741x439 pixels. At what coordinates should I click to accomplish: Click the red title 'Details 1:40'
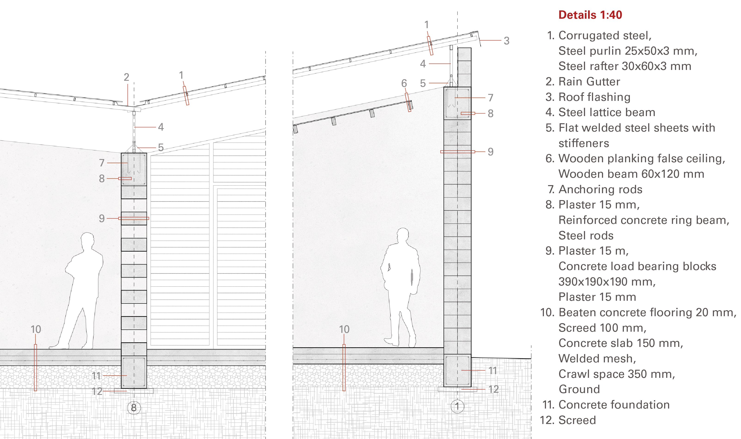[x=590, y=15]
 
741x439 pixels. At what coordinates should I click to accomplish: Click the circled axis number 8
[x=134, y=408]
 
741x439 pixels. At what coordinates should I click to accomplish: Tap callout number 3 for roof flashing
[x=506, y=41]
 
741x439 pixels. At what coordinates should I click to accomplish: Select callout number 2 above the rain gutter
[x=126, y=77]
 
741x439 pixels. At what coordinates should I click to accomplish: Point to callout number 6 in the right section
[x=404, y=83]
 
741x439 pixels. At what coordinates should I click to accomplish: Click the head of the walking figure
[x=403, y=235]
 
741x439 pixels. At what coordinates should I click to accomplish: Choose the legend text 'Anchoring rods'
[x=600, y=189]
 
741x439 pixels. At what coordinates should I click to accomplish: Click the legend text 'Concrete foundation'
[x=614, y=405]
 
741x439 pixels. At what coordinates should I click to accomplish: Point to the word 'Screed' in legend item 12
[x=577, y=420]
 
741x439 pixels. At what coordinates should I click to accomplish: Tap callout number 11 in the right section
[x=493, y=370]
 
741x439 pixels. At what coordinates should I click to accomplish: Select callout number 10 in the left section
[x=36, y=329]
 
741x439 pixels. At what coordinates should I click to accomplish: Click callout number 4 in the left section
[x=161, y=127]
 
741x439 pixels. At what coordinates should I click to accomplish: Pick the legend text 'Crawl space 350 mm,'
[x=616, y=374]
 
